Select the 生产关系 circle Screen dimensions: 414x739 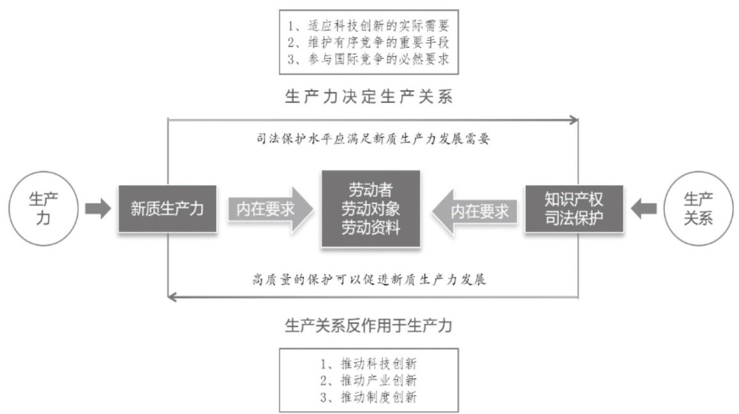698,209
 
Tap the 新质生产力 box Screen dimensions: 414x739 167,209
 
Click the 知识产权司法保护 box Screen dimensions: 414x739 574,209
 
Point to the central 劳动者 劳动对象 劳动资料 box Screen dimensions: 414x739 371,209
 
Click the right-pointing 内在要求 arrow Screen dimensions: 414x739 269,210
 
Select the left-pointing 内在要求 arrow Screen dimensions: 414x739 473,210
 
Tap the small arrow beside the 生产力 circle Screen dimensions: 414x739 98,210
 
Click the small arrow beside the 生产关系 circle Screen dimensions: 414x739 643,210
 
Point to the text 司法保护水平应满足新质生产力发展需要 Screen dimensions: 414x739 373,137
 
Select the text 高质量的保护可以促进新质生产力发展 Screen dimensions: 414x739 370,279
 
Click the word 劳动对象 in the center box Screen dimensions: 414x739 371,209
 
